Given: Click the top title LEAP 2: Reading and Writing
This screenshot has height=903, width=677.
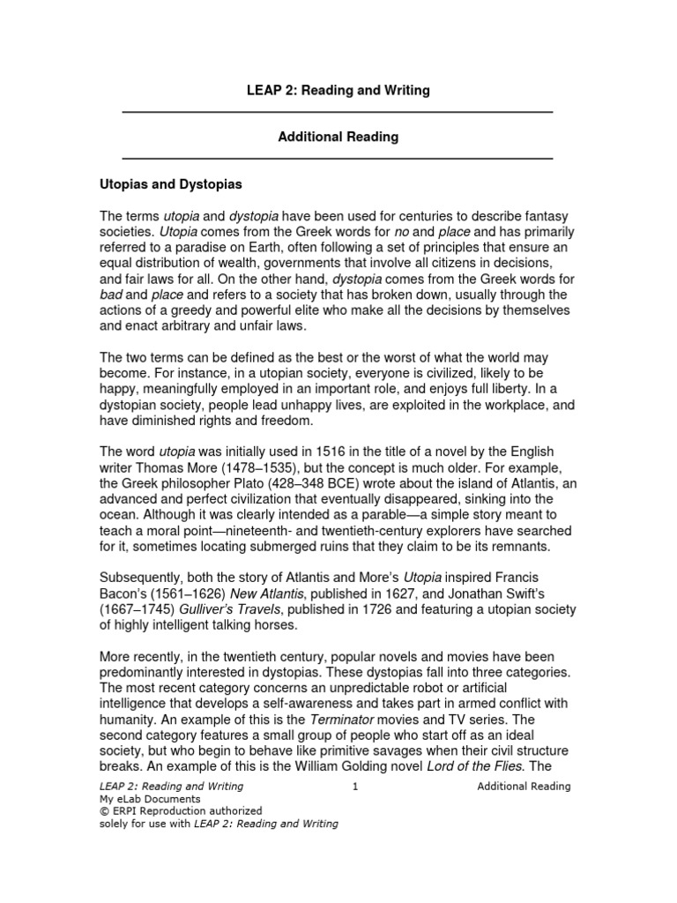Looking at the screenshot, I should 338,91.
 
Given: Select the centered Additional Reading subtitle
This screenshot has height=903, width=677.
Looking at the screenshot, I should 338,137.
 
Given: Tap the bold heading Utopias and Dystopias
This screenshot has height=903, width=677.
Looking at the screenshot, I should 169,186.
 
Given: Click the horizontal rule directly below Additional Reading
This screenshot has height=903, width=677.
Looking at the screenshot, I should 337,159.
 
